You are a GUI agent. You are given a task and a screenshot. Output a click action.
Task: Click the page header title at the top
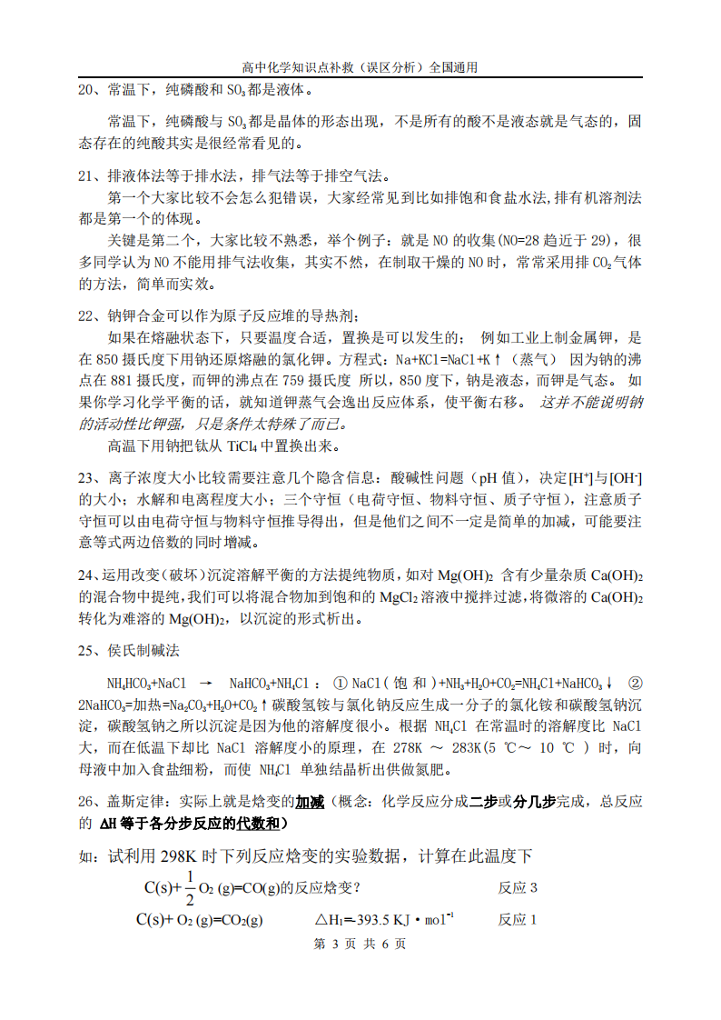coord(360,66)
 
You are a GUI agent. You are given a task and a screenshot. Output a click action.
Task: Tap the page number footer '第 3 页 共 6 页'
coord(360,944)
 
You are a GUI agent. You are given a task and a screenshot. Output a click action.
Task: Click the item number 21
coord(87,175)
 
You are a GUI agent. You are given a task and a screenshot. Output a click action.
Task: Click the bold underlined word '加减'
coord(311,802)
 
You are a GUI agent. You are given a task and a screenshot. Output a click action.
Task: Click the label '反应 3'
coord(518,887)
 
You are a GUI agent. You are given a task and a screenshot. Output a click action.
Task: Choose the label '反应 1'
coord(518,919)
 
